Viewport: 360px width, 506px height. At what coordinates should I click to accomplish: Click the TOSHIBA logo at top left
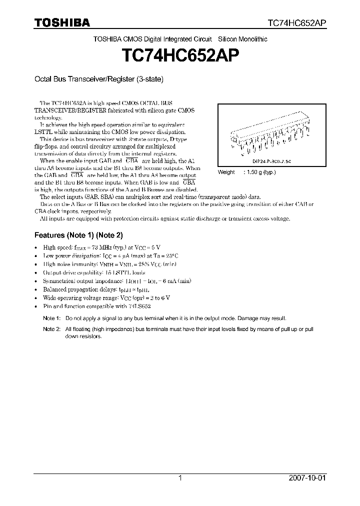(x=62, y=22)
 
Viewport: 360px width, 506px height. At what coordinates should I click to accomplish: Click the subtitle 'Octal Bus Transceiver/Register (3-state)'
(x=98, y=79)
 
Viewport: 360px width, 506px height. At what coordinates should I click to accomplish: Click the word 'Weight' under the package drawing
(x=226, y=172)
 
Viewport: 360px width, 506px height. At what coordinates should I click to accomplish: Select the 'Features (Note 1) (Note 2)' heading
(x=78, y=235)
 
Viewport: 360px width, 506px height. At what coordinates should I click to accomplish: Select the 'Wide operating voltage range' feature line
(x=107, y=297)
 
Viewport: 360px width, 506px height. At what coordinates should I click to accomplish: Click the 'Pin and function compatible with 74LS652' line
(x=97, y=306)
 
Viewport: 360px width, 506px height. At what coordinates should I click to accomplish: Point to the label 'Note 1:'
(x=51, y=318)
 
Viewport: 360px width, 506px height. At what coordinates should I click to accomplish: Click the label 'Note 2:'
(x=51, y=329)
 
